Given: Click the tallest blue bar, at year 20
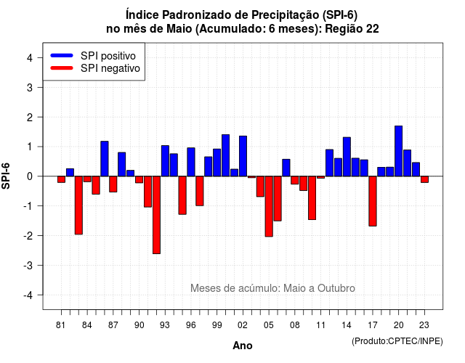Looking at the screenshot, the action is pos(399,151).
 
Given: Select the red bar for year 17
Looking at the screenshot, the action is pos(373,201).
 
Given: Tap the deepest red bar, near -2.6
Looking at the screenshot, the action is pos(156,215).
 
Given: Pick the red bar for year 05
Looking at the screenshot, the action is pos(269,206).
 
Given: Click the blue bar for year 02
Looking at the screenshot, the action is pos(243,156).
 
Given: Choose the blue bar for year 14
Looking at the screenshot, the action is pos(347,157).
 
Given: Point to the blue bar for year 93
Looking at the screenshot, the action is pos(165,161).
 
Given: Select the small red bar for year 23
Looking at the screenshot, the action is pos(424,179).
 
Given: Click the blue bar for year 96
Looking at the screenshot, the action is pos(191,162).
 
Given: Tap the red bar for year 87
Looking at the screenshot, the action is pos(113,184).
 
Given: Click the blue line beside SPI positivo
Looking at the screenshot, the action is pos(62,55).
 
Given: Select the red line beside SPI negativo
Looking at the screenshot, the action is pos(62,68).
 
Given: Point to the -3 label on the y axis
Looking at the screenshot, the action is pos(28,266).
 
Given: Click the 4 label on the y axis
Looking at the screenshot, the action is pos(30,58).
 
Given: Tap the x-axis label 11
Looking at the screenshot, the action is pos(320,325).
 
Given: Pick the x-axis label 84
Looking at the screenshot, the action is pos(87,325).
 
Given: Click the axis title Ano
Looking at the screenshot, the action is pos(243,346).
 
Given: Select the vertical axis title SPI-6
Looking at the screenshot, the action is pos(6,176).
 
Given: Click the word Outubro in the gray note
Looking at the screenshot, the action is pos(336,288).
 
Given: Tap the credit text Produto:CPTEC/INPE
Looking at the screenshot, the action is pos(397,341).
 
